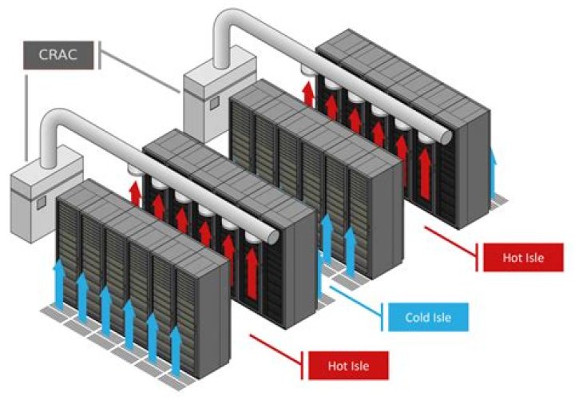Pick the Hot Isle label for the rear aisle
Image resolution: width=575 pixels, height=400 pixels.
point(522,258)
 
